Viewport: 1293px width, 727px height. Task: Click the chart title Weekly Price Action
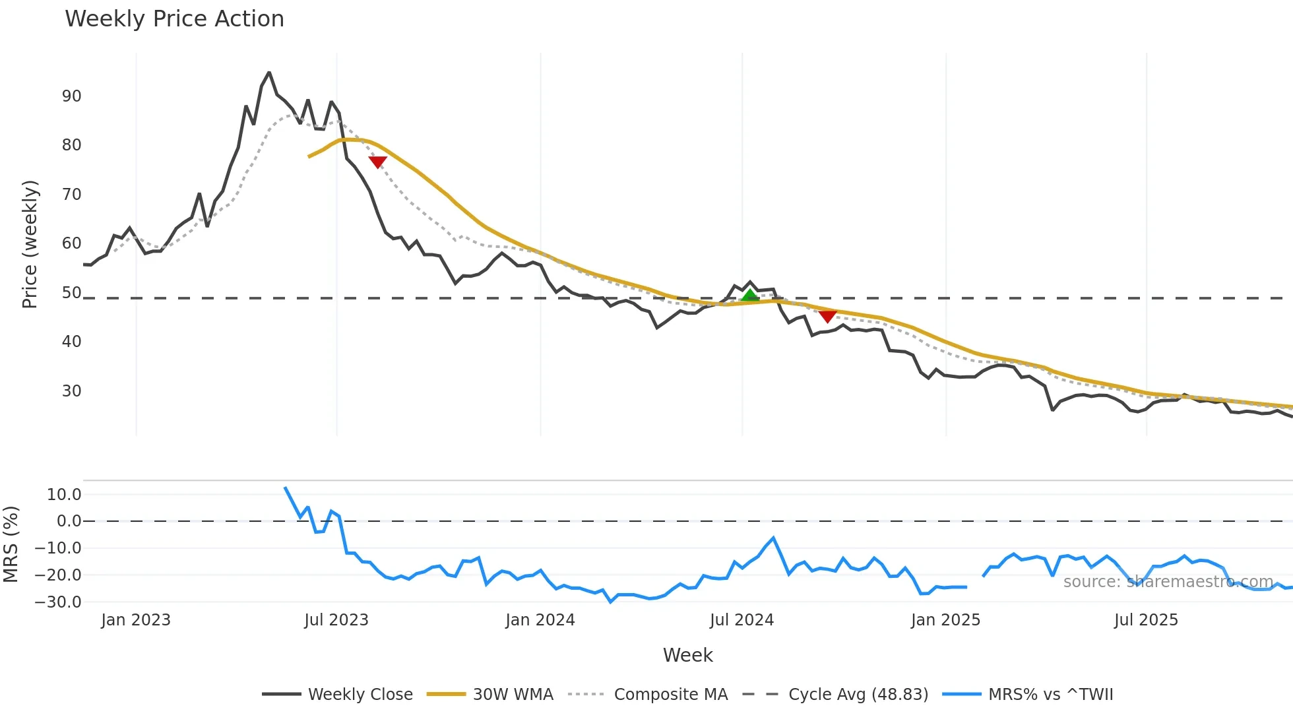coord(174,19)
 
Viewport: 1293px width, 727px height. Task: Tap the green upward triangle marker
coord(750,296)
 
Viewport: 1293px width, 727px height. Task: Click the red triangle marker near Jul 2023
coord(377,162)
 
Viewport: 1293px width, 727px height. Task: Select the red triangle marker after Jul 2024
coord(827,317)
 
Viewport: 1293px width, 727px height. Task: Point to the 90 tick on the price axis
coord(71,96)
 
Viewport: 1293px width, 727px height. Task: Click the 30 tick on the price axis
coord(71,391)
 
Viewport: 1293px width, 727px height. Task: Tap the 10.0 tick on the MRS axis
coord(63,495)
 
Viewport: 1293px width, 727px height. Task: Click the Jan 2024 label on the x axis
coord(540,620)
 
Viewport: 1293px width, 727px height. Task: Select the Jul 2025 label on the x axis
coord(1145,620)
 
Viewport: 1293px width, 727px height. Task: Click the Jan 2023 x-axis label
coord(135,620)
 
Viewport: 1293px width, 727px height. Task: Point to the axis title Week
coord(687,655)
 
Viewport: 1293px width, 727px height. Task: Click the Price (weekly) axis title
coord(30,244)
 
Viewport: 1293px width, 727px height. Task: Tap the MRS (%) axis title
coord(11,544)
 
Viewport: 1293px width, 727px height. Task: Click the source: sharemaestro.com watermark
coord(1168,582)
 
